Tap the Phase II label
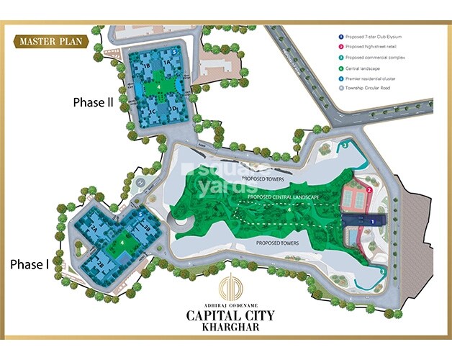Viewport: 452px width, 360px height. point(94,102)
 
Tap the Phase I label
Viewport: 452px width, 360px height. point(30,264)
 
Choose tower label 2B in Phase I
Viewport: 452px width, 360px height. point(101,264)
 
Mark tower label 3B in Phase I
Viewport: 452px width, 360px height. point(147,228)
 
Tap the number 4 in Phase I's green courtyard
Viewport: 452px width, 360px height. point(123,243)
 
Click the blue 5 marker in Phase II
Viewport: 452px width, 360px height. point(173,53)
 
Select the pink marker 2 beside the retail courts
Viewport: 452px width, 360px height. point(369,190)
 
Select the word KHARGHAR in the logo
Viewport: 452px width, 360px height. point(226,326)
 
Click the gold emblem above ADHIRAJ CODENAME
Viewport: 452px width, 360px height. point(226,285)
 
